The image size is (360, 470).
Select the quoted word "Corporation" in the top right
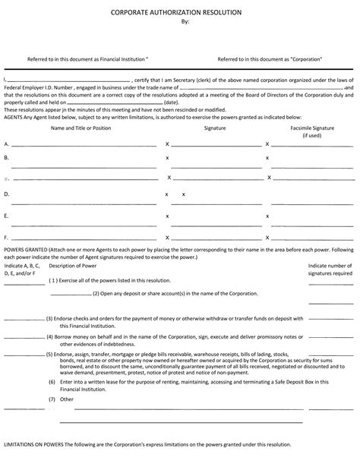click(308, 58)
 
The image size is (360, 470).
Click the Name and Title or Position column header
click(81, 128)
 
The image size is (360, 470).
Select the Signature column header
click(215, 128)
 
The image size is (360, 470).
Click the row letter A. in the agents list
click(7, 144)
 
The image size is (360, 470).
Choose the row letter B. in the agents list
click(7, 157)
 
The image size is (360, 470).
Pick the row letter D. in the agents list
click(7, 194)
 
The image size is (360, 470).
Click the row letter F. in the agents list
click(7, 237)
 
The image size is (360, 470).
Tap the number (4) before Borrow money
click(50, 336)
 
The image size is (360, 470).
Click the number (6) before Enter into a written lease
click(52, 382)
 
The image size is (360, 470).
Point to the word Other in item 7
click(67, 399)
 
